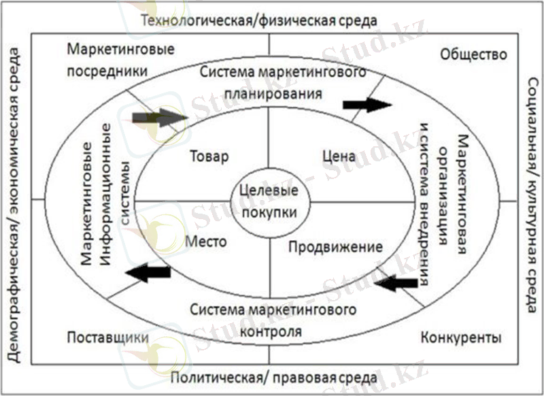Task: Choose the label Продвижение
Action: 335,246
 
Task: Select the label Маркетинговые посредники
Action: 121,60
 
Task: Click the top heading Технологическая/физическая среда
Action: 259,20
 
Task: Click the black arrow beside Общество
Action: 367,104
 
